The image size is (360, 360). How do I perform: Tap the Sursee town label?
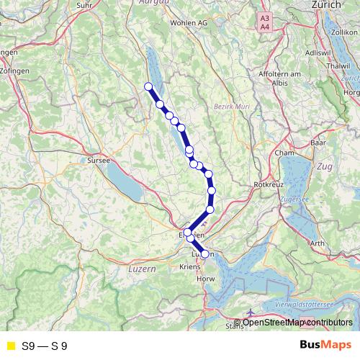(98, 161)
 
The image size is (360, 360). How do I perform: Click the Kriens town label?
(189, 266)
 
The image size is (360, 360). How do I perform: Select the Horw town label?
(205, 277)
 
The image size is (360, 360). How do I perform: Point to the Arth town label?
(317, 243)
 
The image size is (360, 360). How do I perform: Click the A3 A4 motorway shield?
(265, 22)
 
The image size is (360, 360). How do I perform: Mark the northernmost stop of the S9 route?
(149, 87)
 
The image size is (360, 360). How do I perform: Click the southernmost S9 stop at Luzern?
(205, 254)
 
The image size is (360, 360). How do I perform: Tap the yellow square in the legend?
(10, 346)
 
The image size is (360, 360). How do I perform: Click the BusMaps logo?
(325, 345)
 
